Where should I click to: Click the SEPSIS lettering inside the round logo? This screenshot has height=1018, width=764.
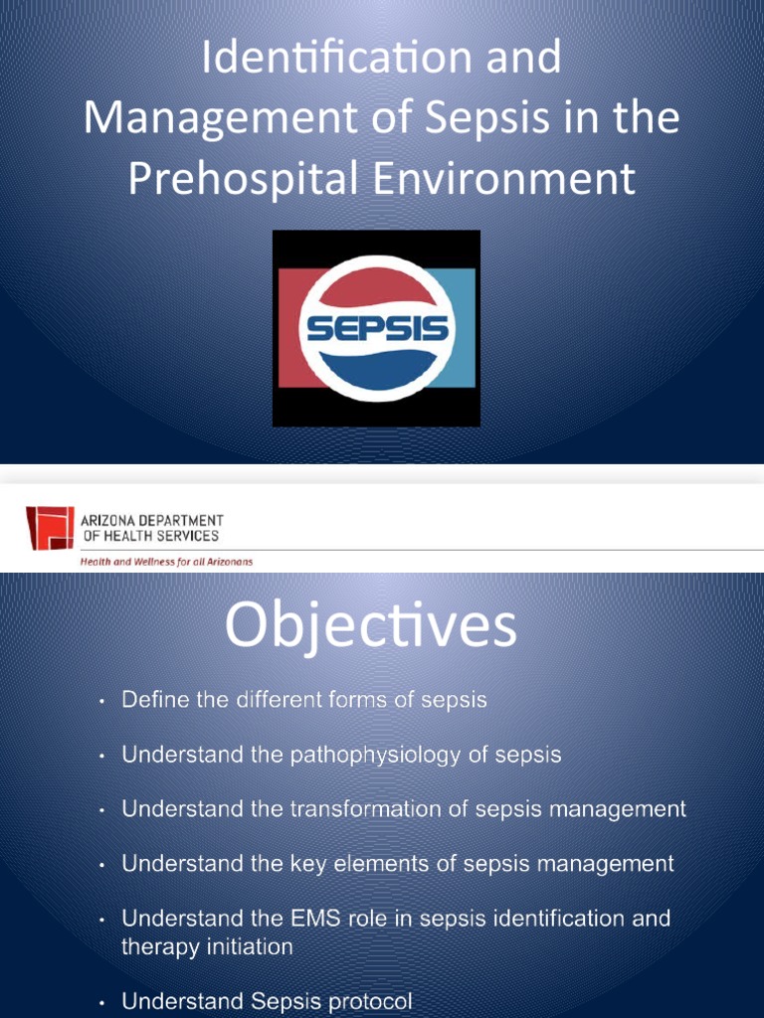point(377,328)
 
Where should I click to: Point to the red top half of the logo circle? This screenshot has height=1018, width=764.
point(377,283)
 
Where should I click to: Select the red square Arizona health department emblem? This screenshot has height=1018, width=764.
point(50,528)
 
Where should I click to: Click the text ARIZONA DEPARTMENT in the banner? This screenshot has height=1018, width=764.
point(151,520)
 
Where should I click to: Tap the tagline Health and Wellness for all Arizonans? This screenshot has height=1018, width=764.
point(166,562)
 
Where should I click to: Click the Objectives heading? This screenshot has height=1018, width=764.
point(370,627)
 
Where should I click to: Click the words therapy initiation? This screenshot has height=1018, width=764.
point(207,946)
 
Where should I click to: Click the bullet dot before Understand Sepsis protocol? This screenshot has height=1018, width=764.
point(102,1002)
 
